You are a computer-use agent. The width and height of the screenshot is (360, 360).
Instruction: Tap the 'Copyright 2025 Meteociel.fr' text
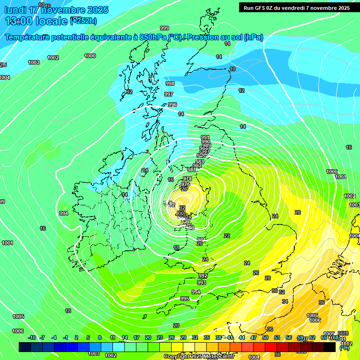tap(199, 356)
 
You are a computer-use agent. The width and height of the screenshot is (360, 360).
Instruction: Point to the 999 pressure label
tap(164, 28)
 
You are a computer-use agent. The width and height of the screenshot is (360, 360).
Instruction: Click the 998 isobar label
tap(170, 83)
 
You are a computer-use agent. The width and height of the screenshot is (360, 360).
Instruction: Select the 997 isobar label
tap(169, 94)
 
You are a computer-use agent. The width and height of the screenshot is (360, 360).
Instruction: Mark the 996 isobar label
tap(172, 105)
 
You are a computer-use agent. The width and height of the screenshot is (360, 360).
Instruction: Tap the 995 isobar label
tap(184, 299)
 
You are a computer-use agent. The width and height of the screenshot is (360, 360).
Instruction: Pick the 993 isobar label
tap(202, 283)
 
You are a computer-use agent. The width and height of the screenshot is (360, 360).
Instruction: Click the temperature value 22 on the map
tap(227, 236)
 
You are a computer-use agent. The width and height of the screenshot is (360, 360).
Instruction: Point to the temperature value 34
tap(285, 301)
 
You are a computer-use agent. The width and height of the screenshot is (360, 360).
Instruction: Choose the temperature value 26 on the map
tap(256, 273)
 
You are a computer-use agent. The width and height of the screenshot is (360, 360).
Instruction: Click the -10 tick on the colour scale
tap(32, 337)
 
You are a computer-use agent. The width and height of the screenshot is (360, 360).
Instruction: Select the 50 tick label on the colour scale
tap(265, 337)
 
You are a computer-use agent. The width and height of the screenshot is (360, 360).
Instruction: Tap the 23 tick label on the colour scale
tap(159, 337)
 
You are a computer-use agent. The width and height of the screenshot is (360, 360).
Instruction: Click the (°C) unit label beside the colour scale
tap(345, 348)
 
